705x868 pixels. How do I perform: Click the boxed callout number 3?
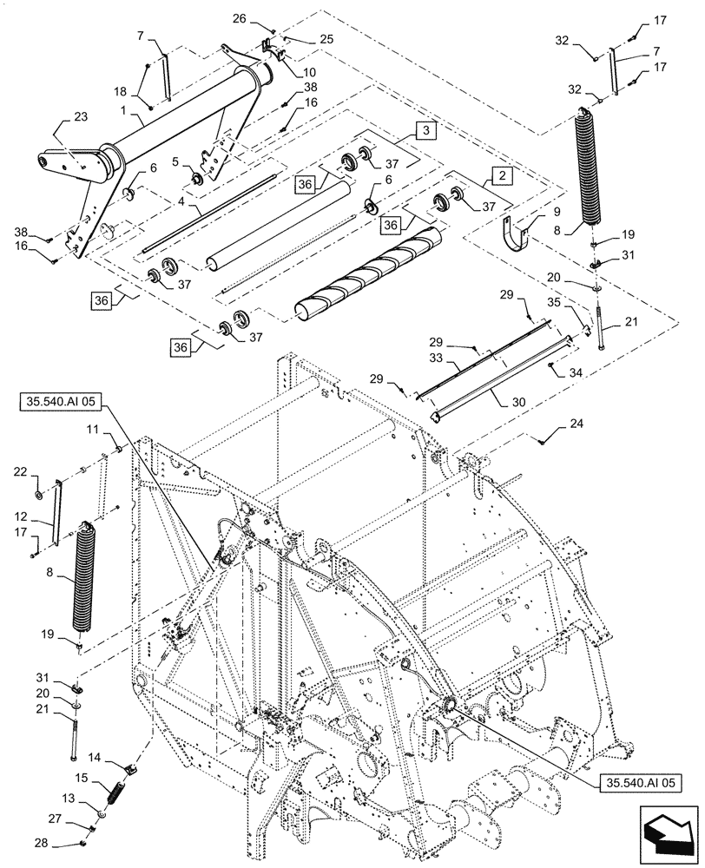click(x=425, y=130)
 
